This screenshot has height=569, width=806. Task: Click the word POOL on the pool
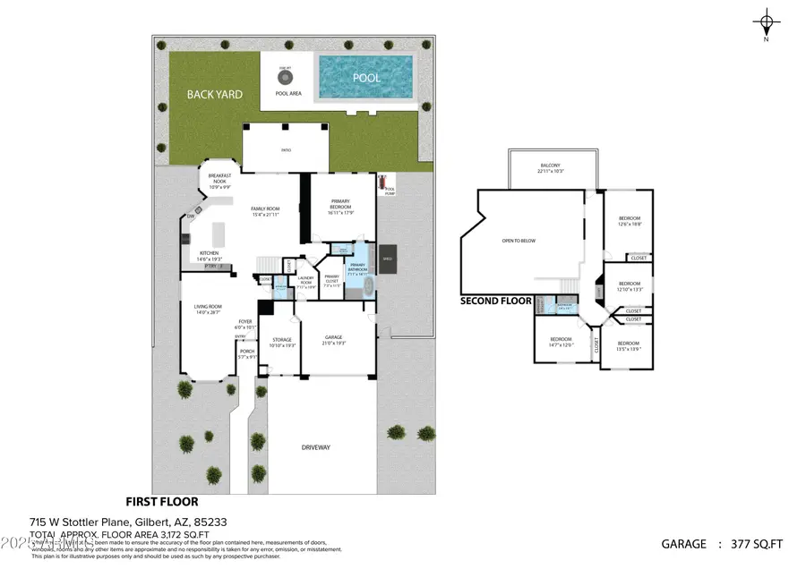365,78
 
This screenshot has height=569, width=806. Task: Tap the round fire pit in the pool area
286,77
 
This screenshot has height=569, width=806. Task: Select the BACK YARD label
214,94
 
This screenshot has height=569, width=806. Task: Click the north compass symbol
766,23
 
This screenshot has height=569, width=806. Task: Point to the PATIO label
286,150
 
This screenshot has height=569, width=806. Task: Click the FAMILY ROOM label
265,210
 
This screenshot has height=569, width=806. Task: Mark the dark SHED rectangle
388,259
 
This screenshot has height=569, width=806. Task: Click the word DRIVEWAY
317,447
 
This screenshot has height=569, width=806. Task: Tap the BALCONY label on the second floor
550,167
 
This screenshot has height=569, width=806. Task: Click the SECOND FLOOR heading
496,301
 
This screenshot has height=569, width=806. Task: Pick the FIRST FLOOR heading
162,502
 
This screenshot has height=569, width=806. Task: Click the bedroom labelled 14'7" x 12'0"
561,341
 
